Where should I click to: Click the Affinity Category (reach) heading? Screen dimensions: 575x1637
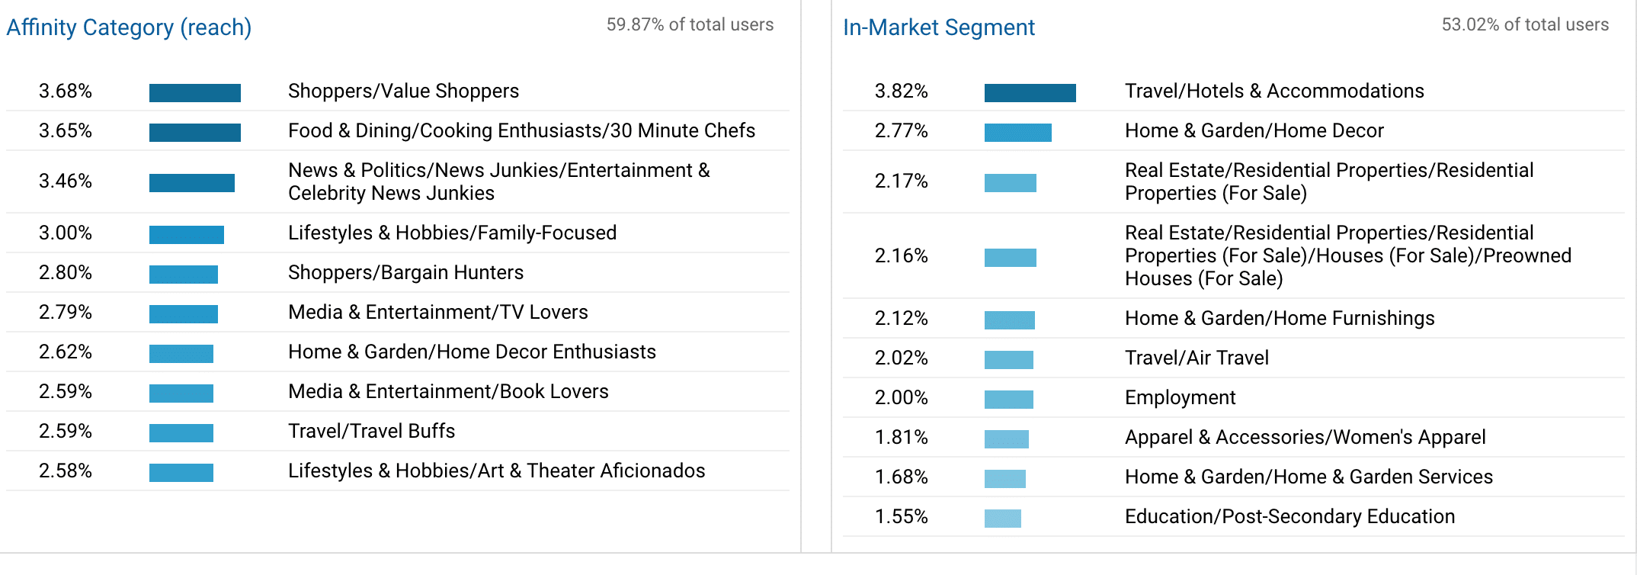129,27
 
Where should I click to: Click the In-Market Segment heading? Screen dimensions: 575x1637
938,27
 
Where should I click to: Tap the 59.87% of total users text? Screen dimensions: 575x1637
690,24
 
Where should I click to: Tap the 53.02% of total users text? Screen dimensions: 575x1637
1525,24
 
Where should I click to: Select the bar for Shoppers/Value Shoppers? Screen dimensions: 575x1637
194,93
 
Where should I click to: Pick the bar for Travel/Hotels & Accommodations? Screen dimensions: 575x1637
1030,93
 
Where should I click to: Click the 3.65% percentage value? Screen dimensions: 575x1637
66,130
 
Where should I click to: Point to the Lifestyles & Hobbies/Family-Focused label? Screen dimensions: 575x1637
452,233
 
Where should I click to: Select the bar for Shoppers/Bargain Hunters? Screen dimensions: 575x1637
183,275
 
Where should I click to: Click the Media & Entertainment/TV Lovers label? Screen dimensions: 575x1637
437,312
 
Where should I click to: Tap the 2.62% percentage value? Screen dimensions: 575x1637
66,352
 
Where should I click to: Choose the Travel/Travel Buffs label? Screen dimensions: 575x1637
371,431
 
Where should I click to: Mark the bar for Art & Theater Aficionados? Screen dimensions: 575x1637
181,473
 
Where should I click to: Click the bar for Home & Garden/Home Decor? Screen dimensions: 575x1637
1017,133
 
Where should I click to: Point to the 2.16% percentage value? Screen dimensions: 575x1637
901,255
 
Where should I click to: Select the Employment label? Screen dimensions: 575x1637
1180,397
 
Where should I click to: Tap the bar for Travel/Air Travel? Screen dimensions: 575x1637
1008,360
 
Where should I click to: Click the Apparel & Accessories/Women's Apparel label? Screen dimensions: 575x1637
1305,437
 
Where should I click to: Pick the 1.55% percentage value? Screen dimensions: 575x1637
901,516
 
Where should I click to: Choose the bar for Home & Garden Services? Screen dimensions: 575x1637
1004,479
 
